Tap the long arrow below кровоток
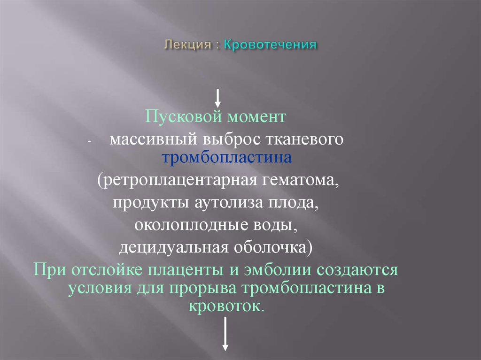[x=225, y=334]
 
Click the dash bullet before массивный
[x=90, y=142]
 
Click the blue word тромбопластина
[x=227, y=158]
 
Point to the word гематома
[x=298, y=181]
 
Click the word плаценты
[x=186, y=271]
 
